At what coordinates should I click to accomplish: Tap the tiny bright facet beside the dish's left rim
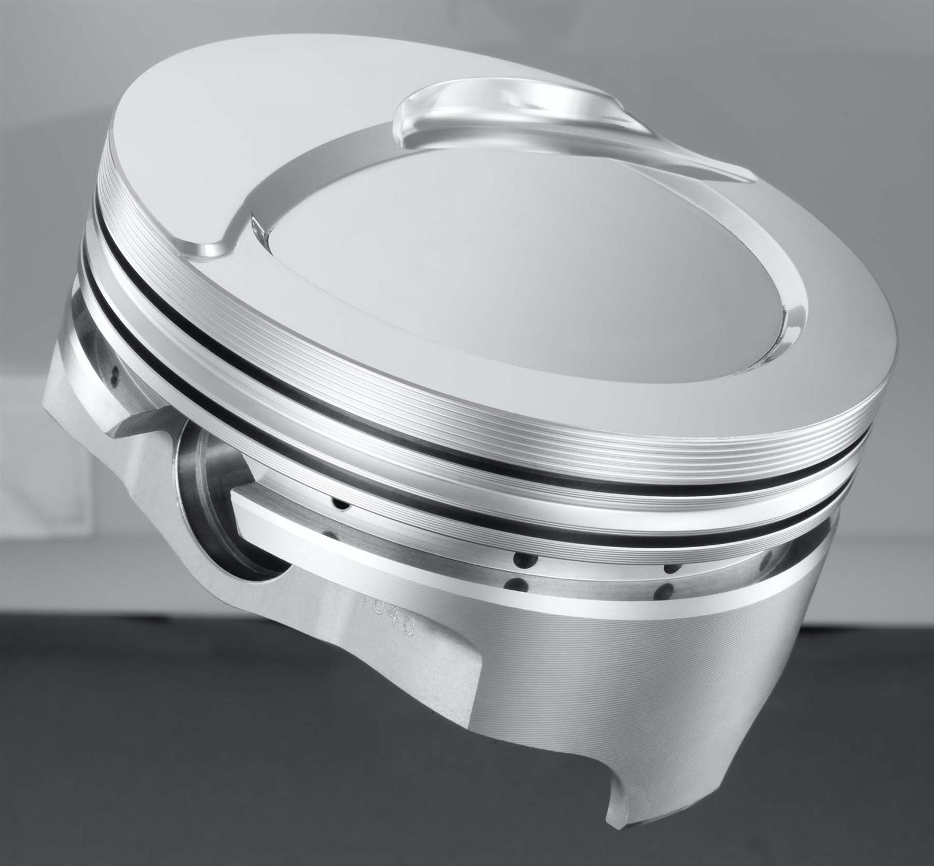(255, 225)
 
